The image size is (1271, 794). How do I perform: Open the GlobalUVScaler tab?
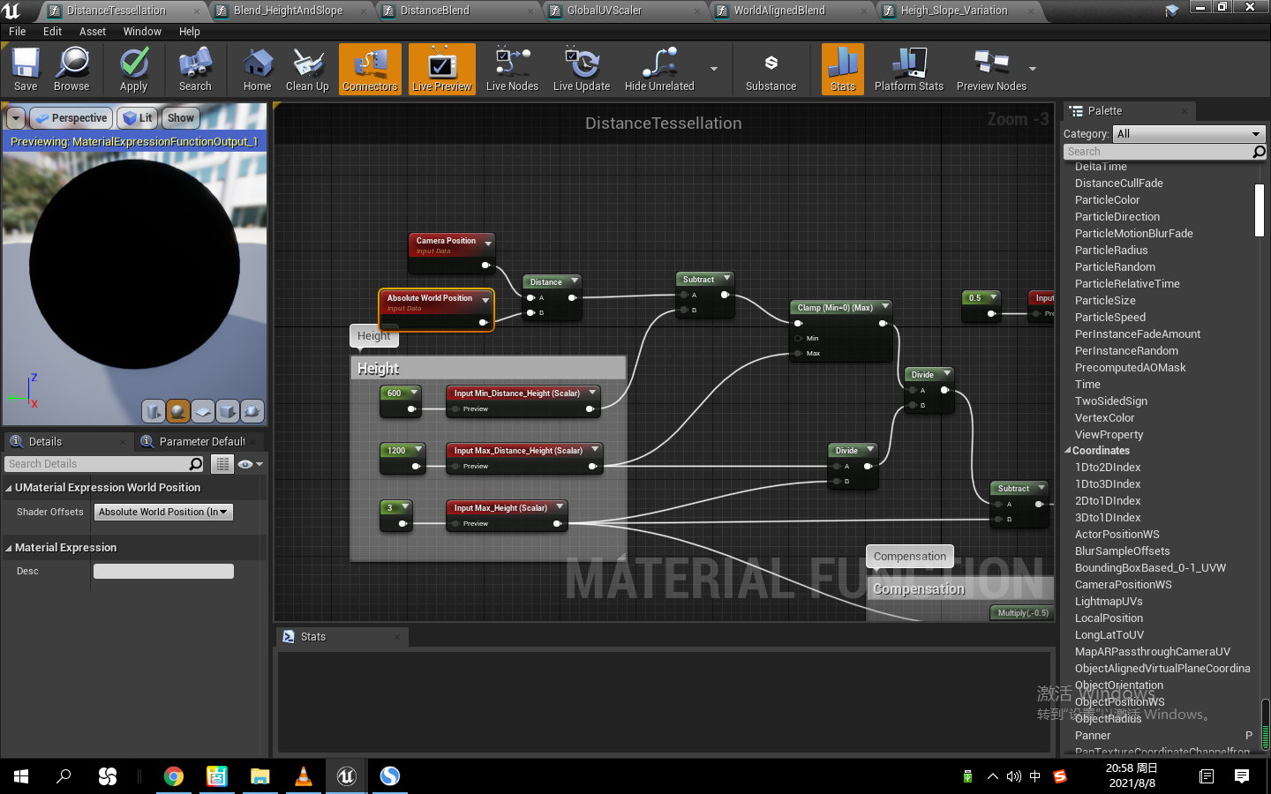click(x=605, y=11)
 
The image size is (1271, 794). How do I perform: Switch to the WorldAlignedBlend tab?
click(x=778, y=11)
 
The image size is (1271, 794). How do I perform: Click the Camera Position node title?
click(x=446, y=241)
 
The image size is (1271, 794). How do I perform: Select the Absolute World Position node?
click(x=430, y=298)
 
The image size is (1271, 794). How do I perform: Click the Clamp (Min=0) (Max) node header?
click(x=835, y=308)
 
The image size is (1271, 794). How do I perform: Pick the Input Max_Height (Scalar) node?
click(x=500, y=508)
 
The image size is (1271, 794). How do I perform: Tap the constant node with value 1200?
click(x=397, y=451)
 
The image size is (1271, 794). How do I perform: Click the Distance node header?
click(x=546, y=282)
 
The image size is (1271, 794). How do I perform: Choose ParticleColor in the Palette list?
click(x=1107, y=200)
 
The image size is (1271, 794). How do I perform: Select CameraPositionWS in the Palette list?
click(x=1123, y=585)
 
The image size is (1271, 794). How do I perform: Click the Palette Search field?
click(x=1158, y=152)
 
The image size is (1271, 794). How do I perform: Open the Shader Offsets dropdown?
click(x=163, y=512)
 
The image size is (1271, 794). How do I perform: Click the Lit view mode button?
click(x=139, y=118)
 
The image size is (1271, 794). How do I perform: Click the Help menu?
click(x=190, y=32)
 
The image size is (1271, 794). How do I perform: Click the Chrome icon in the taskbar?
click(x=174, y=776)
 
